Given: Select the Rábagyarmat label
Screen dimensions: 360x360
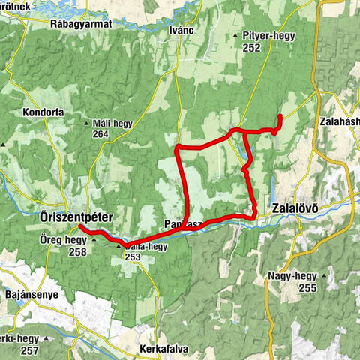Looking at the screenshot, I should [x=82, y=24].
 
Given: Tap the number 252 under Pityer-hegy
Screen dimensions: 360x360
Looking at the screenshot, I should [x=251, y=47].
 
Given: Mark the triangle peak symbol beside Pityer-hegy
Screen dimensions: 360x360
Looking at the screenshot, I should [x=235, y=36].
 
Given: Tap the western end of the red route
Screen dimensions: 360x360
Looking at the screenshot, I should [x=79, y=227].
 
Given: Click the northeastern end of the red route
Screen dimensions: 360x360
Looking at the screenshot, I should [x=280, y=117].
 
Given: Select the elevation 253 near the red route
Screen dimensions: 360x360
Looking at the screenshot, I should [x=132, y=256].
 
